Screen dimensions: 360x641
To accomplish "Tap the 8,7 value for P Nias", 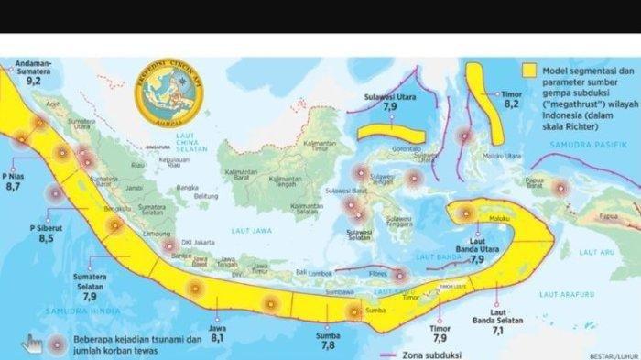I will [x=13, y=186].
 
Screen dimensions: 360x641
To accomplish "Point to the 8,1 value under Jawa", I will [x=218, y=337].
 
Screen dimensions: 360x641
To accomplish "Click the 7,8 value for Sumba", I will [x=327, y=348].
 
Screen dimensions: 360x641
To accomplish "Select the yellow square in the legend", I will [x=528, y=70].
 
